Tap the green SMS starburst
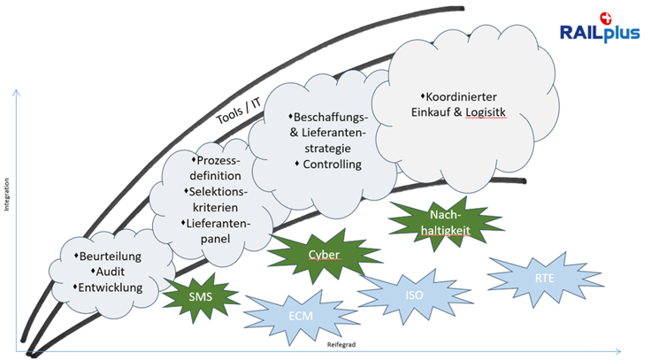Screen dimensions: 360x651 pos(200,295)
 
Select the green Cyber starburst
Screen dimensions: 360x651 pos(324,255)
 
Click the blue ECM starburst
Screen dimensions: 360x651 pos(301,314)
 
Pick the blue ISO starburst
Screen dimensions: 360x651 pos(414,295)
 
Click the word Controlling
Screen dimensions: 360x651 pos(331,165)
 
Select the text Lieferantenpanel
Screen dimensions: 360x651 pos(216,231)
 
